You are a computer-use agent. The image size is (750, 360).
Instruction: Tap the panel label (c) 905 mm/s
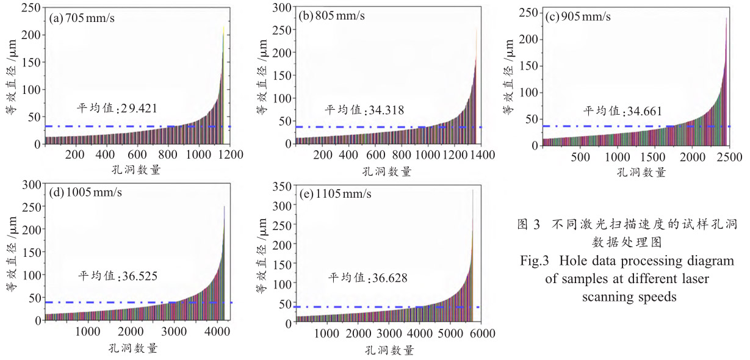tap(578, 16)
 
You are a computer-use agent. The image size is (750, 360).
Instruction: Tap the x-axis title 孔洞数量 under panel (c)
tap(641, 172)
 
